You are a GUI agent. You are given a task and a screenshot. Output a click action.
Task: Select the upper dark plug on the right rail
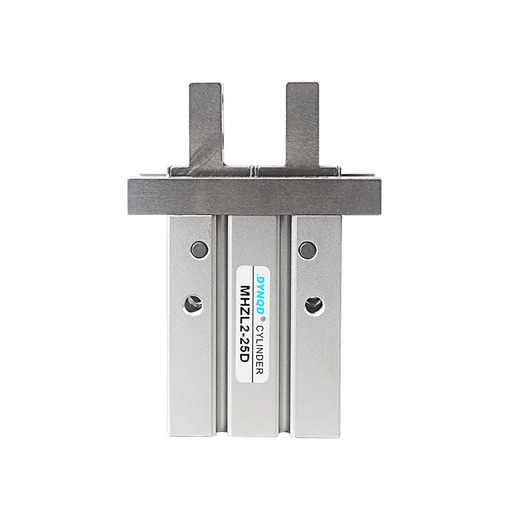[x=309, y=250]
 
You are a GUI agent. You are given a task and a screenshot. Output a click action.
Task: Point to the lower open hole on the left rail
[x=193, y=304]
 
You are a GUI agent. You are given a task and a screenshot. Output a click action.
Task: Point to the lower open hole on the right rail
[x=314, y=304]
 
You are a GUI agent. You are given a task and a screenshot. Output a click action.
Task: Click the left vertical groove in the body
[x=222, y=321]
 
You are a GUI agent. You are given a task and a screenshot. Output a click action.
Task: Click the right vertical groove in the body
[x=287, y=321]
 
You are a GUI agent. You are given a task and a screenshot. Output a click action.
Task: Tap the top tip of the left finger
[x=206, y=85]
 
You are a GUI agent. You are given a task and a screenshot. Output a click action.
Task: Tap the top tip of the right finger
[x=302, y=85]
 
